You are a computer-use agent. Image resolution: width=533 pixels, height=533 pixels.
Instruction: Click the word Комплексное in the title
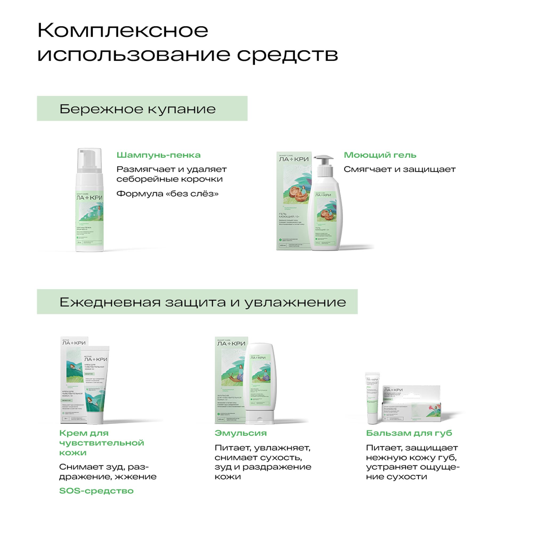tap(123, 30)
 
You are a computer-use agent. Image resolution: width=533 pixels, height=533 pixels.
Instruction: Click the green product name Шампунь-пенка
tap(158, 155)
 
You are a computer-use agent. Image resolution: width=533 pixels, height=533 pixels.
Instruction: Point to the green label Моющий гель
tap(380, 155)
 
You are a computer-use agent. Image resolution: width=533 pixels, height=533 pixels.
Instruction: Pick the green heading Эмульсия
tap(241, 433)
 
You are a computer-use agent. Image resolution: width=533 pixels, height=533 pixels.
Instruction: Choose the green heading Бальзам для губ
tap(409, 433)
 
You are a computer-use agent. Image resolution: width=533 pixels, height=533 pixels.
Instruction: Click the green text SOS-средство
tap(96, 491)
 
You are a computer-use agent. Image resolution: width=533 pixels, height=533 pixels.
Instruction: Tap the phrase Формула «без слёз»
tap(167, 194)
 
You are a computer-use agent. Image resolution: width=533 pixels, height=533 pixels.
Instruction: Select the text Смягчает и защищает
tap(399, 169)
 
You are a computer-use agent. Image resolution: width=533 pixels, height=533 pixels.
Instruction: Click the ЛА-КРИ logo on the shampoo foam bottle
tap(89, 197)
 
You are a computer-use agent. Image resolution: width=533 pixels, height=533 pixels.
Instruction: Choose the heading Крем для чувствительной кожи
tap(102, 443)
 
